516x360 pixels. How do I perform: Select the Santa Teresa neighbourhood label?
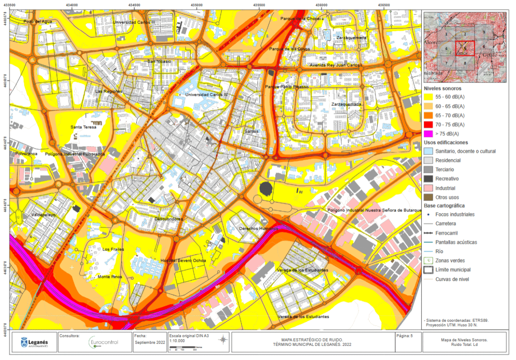point(84,127)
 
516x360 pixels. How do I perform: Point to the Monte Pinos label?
point(110,277)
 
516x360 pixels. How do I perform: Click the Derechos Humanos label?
point(258,229)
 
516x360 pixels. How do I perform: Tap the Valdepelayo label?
point(44,214)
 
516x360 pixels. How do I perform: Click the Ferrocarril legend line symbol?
point(428,233)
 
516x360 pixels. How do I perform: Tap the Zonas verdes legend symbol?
point(428,261)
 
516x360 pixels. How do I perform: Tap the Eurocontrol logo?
point(103,342)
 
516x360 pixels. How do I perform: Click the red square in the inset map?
point(465,48)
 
